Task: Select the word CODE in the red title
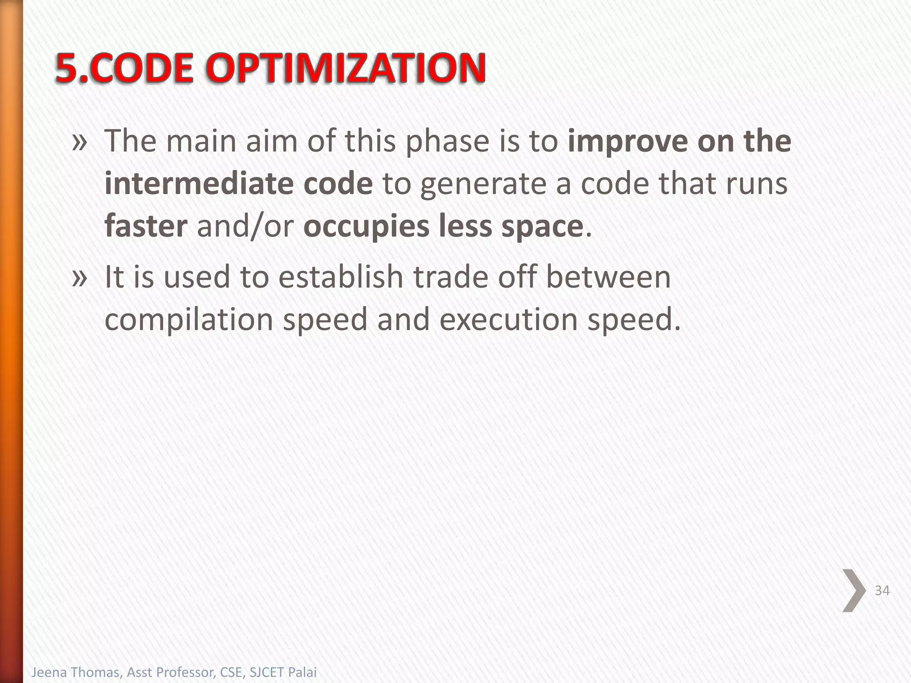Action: coord(145,69)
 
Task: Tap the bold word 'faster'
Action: coord(146,226)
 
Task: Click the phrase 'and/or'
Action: coord(245,226)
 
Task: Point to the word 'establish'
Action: coord(341,277)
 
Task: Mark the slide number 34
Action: coord(882,591)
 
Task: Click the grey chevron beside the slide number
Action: coord(854,591)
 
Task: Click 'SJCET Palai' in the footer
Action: coord(283,672)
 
